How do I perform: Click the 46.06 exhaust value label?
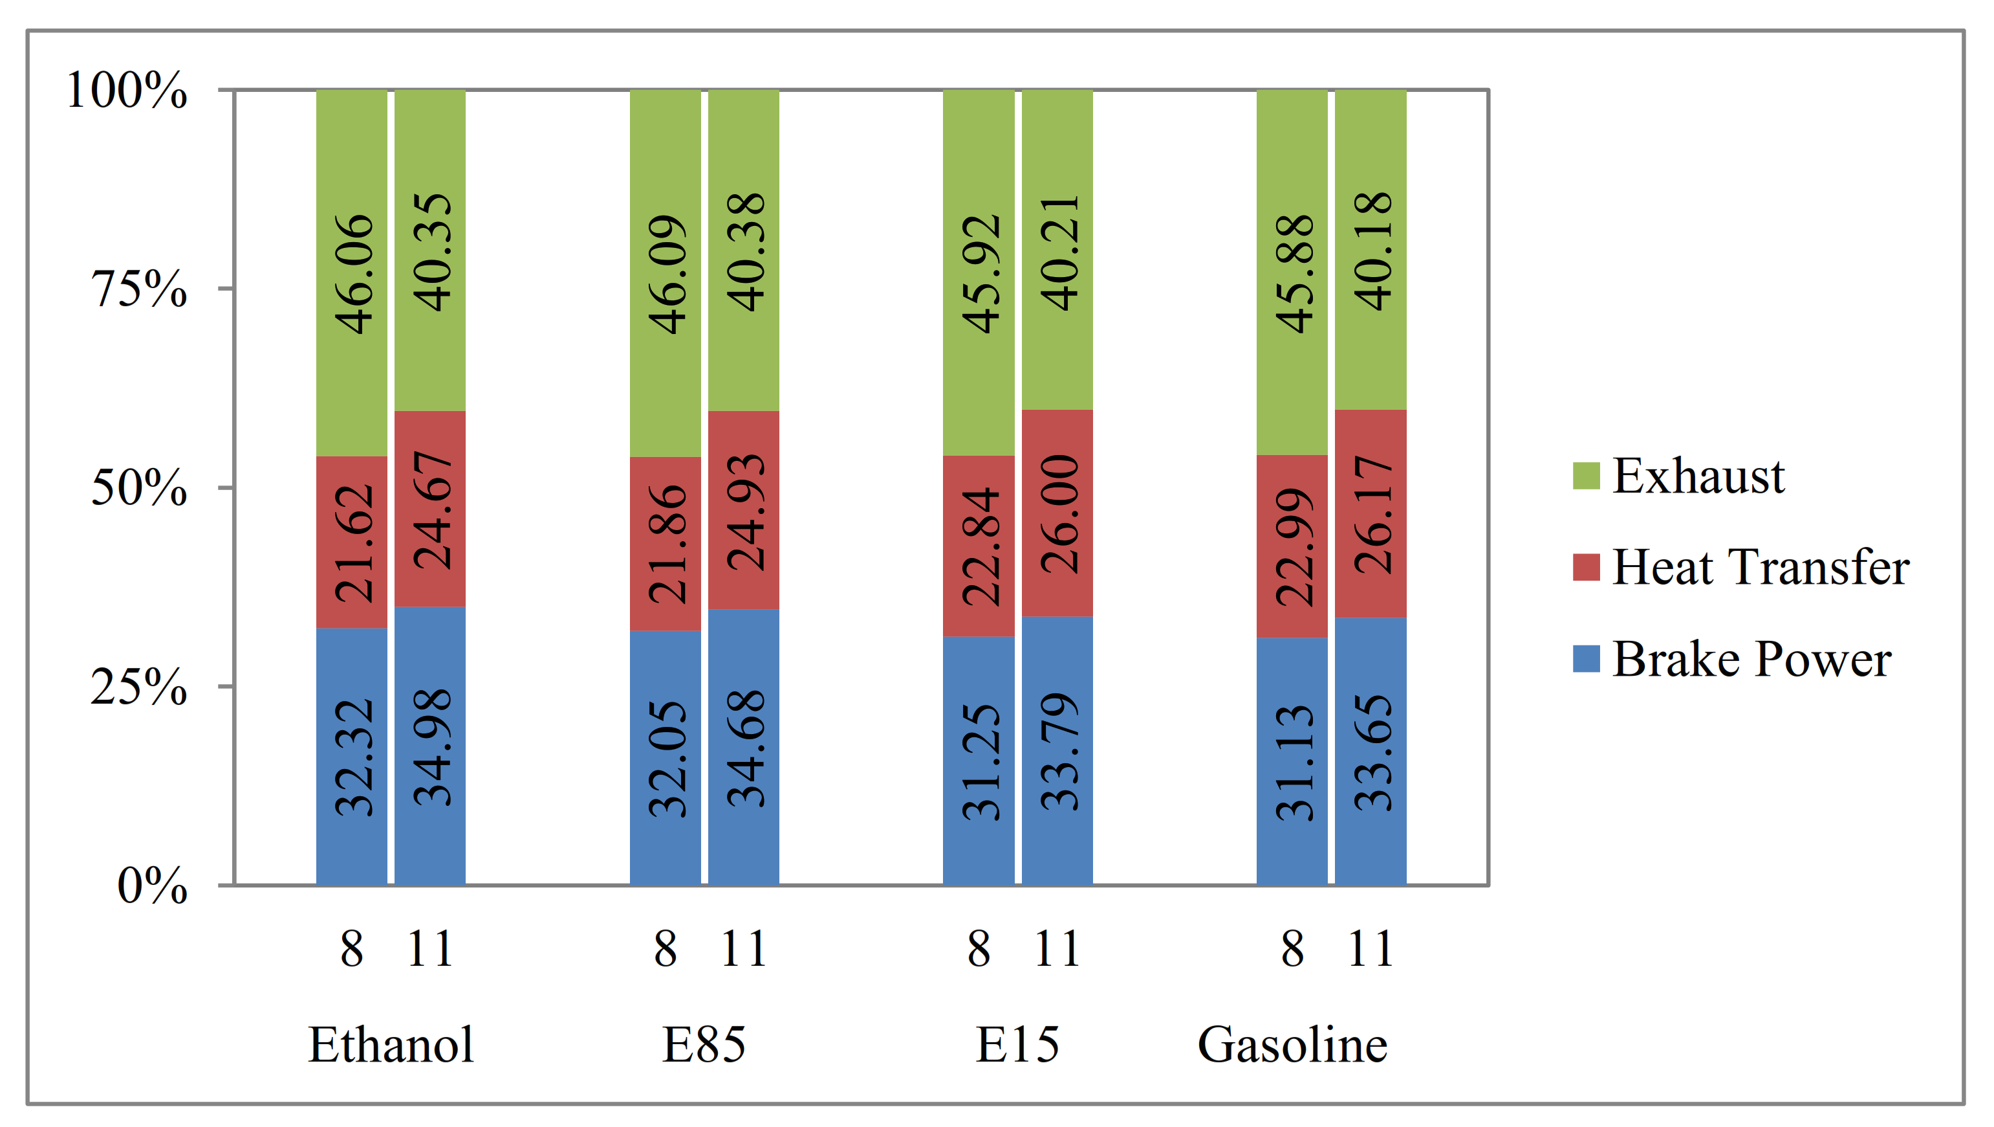(x=354, y=274)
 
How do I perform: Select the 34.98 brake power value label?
(x=432, y=748)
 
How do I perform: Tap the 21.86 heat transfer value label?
(x=667, y=544)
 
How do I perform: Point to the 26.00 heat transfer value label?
(x=1059, y=513)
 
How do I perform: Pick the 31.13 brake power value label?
(x=1294, y=763)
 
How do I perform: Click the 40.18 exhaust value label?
(x=1372, y=252)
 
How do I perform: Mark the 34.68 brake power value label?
(x=746, y=748)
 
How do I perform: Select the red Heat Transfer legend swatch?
(x=1586, y=567)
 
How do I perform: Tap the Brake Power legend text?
(x=1751, y=659)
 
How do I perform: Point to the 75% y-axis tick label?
(x=139, y=290)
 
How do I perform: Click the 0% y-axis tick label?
(x=152, y=886)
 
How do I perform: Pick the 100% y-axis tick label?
(x=127, y=90)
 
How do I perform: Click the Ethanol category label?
(x=391, y=1044)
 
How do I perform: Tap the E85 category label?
(x=704, y=1044)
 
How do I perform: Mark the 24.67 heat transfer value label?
(x=432, y=511)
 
